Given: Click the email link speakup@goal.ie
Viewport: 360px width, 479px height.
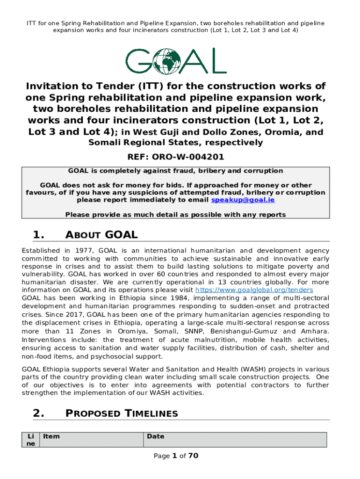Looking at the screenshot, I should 243,200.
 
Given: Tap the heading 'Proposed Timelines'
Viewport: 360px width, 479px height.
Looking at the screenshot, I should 122,413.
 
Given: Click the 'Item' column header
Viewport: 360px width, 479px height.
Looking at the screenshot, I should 51,436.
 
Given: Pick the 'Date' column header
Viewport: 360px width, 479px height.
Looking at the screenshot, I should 155,436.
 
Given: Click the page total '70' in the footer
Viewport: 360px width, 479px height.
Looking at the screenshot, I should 194,456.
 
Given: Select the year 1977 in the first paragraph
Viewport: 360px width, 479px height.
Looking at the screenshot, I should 82,251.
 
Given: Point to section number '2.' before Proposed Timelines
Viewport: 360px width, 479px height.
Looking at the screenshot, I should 39,413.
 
